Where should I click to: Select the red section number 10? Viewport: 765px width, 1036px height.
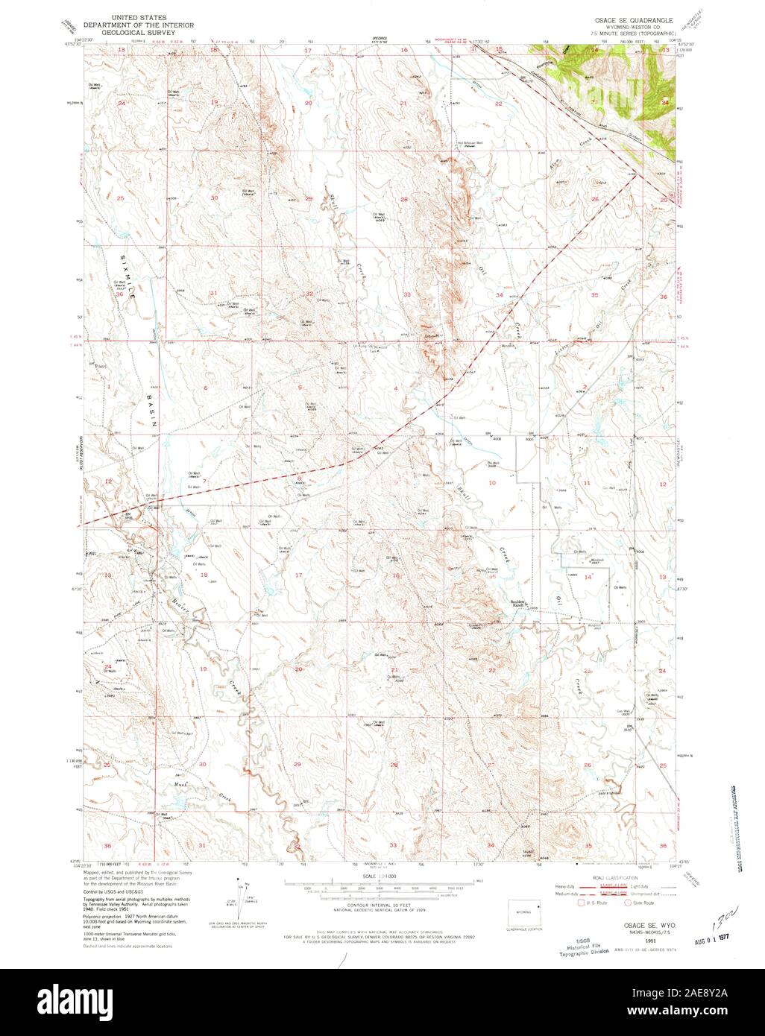491,483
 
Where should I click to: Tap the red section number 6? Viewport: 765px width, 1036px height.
205,389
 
